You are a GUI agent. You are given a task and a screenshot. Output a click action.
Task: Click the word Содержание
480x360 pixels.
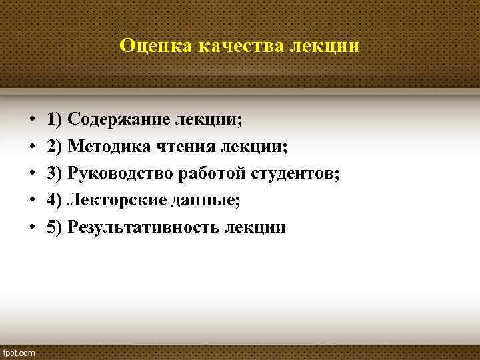click(118, 119)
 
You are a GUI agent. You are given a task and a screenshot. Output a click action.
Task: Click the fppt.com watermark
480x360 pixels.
click(19, 351)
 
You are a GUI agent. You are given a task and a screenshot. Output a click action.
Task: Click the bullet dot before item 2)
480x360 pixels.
click(32, 147)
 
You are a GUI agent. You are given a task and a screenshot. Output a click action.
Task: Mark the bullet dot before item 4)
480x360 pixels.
click(32, 201)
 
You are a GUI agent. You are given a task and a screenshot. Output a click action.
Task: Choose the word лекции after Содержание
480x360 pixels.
click(208, 119)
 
